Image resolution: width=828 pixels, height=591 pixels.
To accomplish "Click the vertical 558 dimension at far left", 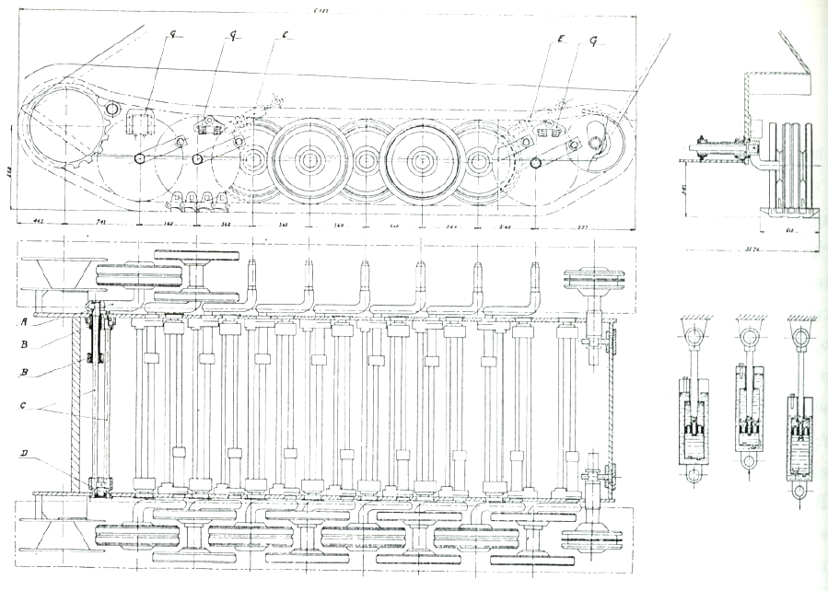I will point(8,174).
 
